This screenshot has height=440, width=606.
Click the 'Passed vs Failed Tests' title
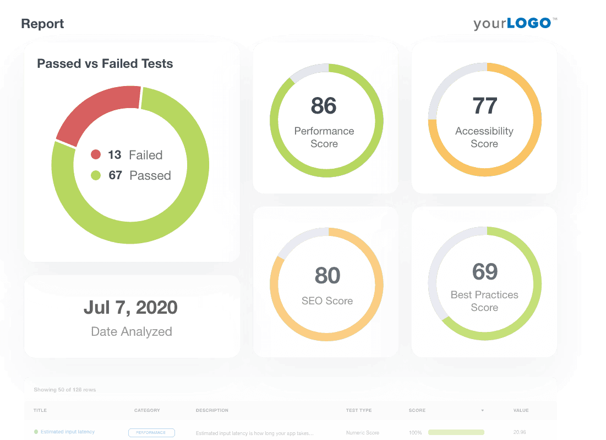click(x=105, y=64)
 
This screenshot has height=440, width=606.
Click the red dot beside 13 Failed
click(x=96, y=155)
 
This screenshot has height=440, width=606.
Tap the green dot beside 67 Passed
click(x=96, y=176)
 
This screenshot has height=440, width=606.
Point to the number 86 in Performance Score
click(x=324, y=106)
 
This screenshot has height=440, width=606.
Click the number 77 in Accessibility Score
click(x=484, y=106)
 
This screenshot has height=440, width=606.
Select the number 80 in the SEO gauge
click(x=327, y=276)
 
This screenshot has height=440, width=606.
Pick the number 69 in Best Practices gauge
click(x=484, y=271)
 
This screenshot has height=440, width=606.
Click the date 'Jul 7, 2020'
click(x=130, y=307)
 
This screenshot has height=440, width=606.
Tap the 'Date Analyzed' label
click(x=131, y=331)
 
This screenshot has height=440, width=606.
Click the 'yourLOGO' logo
click(x=515, y=23)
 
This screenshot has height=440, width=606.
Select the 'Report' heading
click(x=42, y=24)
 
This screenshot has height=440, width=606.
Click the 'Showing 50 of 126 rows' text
click(x=65, y=390)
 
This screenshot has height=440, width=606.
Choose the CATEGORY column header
click(x=147, y=410)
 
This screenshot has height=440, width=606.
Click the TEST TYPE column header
click(x=359, y=410)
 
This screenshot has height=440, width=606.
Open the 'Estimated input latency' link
click(x=68, y=432)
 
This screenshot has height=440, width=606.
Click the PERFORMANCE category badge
click(x=151, y=433)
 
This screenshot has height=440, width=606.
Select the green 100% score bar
click(x=456, y=433)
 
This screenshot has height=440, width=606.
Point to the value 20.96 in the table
click(x=520, y=433)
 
